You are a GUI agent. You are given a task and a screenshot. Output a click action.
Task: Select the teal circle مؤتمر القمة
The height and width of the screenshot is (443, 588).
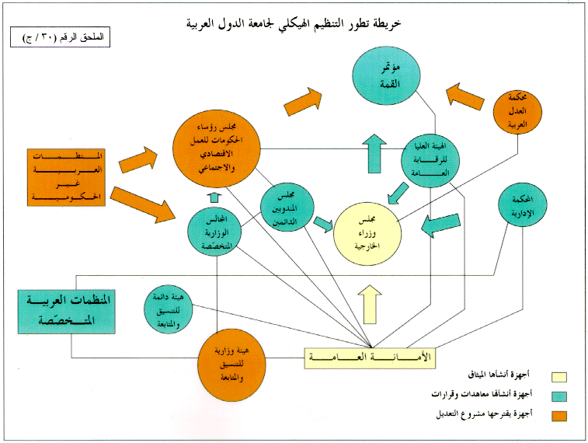[x=385, y=76]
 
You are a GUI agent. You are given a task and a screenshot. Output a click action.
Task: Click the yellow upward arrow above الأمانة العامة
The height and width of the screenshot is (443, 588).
[x=370, y=304]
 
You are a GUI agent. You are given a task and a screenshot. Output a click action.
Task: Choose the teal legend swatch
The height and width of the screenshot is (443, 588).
[x=558, y=396]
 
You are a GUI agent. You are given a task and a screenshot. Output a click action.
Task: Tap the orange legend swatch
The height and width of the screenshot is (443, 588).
[x=558, y=415]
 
